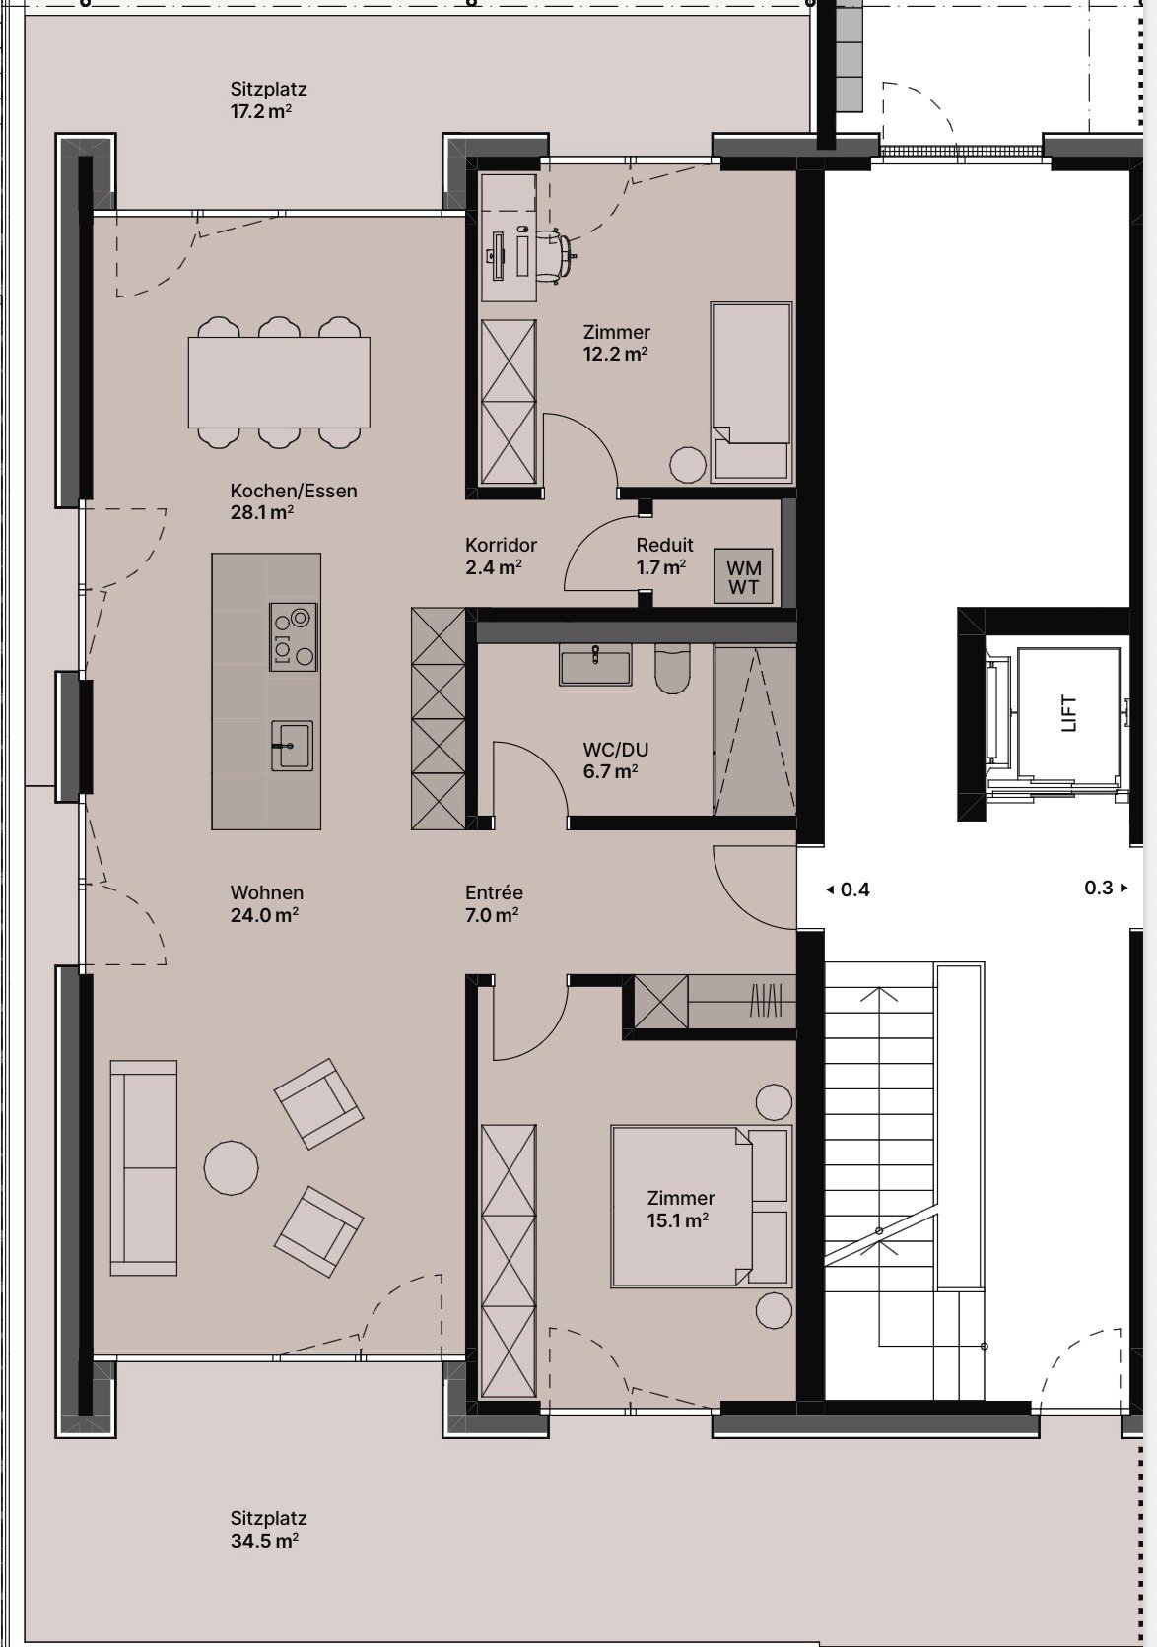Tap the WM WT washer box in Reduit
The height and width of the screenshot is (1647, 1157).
point(744,577)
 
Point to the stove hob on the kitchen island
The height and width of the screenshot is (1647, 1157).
point(294,636)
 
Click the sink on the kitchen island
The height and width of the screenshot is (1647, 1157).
point(292,745)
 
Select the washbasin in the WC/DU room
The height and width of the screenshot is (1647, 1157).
point(595,665)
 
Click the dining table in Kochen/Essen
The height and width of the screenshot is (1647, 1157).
point(279,382)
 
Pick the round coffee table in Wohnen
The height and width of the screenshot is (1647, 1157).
point(231,1167)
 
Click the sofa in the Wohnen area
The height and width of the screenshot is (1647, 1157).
point(144,1167)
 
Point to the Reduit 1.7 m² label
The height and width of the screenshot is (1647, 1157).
point(664,556)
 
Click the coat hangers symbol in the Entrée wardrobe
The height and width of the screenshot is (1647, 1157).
point(766,1002)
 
